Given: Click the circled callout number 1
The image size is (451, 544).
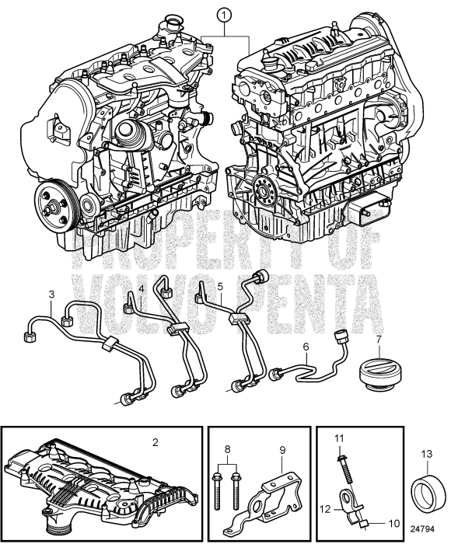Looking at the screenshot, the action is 224,16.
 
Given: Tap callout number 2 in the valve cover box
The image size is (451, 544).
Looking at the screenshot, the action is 156,442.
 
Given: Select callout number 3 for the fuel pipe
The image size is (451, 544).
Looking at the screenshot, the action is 52,295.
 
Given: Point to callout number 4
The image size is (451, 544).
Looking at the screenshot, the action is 142,288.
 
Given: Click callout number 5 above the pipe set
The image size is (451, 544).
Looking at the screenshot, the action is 220,287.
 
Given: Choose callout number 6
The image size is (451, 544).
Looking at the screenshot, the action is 306,347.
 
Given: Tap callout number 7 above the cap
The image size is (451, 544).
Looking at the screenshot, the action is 378,340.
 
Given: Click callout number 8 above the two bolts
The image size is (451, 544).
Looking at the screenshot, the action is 227,449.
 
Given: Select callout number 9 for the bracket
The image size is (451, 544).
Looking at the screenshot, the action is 282,450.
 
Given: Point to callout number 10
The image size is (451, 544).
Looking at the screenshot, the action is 393,523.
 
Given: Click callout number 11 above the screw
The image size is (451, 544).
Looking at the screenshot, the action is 339,438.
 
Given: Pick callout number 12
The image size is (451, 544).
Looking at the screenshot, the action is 326,509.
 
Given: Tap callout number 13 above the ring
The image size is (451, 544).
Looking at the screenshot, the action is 427,453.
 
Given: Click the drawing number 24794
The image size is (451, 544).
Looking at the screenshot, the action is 422,529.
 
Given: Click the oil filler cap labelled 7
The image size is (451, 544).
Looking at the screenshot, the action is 378,372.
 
